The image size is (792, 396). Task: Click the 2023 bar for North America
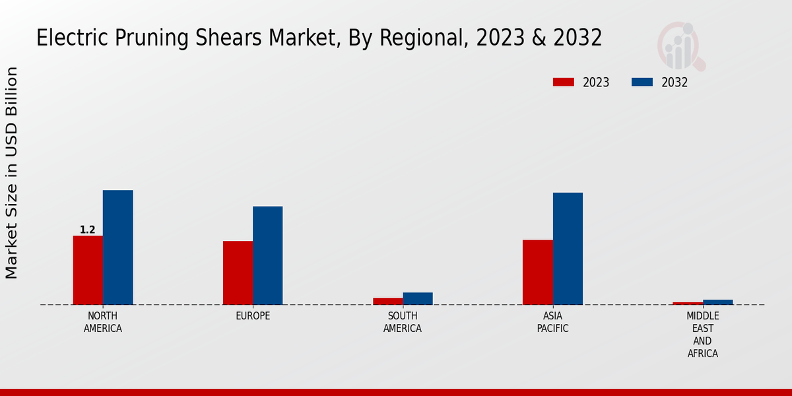click(88, 270)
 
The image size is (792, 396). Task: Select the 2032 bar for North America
click(117, 247)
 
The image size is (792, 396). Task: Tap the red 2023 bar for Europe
click(238, 273)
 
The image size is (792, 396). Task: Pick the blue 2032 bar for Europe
click(267, 255)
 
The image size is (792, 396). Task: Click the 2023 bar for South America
click(387, 301)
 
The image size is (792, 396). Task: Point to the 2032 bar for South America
click(417, 298)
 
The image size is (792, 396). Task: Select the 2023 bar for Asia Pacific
click(537, 272)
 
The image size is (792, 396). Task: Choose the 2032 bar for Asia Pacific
click(568, 249)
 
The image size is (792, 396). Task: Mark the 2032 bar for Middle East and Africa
click(717, 302)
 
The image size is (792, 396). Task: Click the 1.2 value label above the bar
click(88, 230)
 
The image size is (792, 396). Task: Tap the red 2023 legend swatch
click(563, 82)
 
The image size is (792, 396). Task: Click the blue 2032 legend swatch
click(642, 82)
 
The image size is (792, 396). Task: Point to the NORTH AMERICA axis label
click(103, 322)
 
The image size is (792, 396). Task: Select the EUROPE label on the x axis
click(253, 316)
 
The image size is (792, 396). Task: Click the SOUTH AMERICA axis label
click(403, 322)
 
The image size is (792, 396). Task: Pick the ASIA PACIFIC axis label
click(552, 322)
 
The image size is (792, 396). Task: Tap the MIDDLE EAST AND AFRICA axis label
click(702, 335)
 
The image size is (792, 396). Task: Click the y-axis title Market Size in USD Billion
click(12, 173)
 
